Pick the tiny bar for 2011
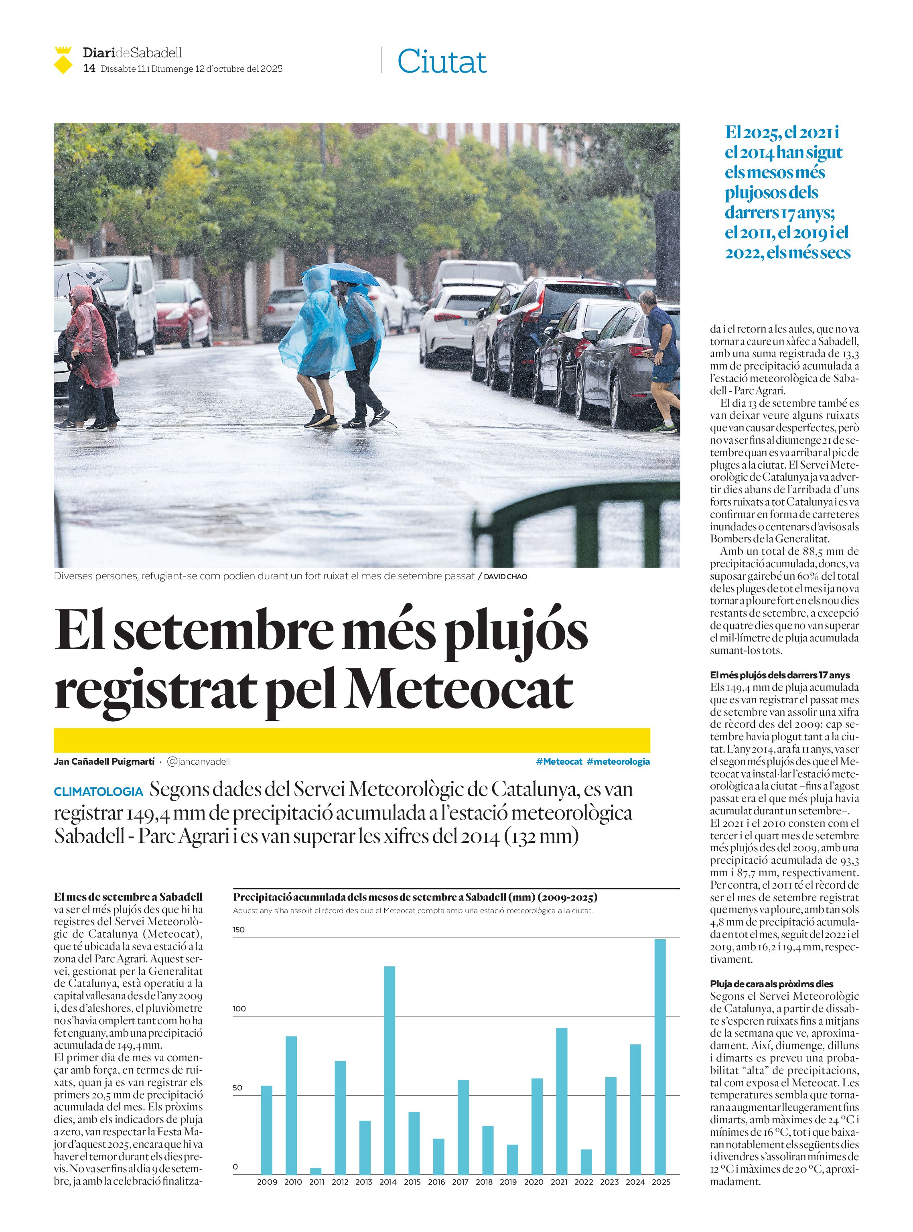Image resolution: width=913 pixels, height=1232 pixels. point(316,1170)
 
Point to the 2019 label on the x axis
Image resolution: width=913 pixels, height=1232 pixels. point(508,1182)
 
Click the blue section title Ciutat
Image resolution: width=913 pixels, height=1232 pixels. point(442,61)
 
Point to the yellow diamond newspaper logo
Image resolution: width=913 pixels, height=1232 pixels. point(63,61)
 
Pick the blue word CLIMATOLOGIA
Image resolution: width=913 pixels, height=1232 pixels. point(98,792)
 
